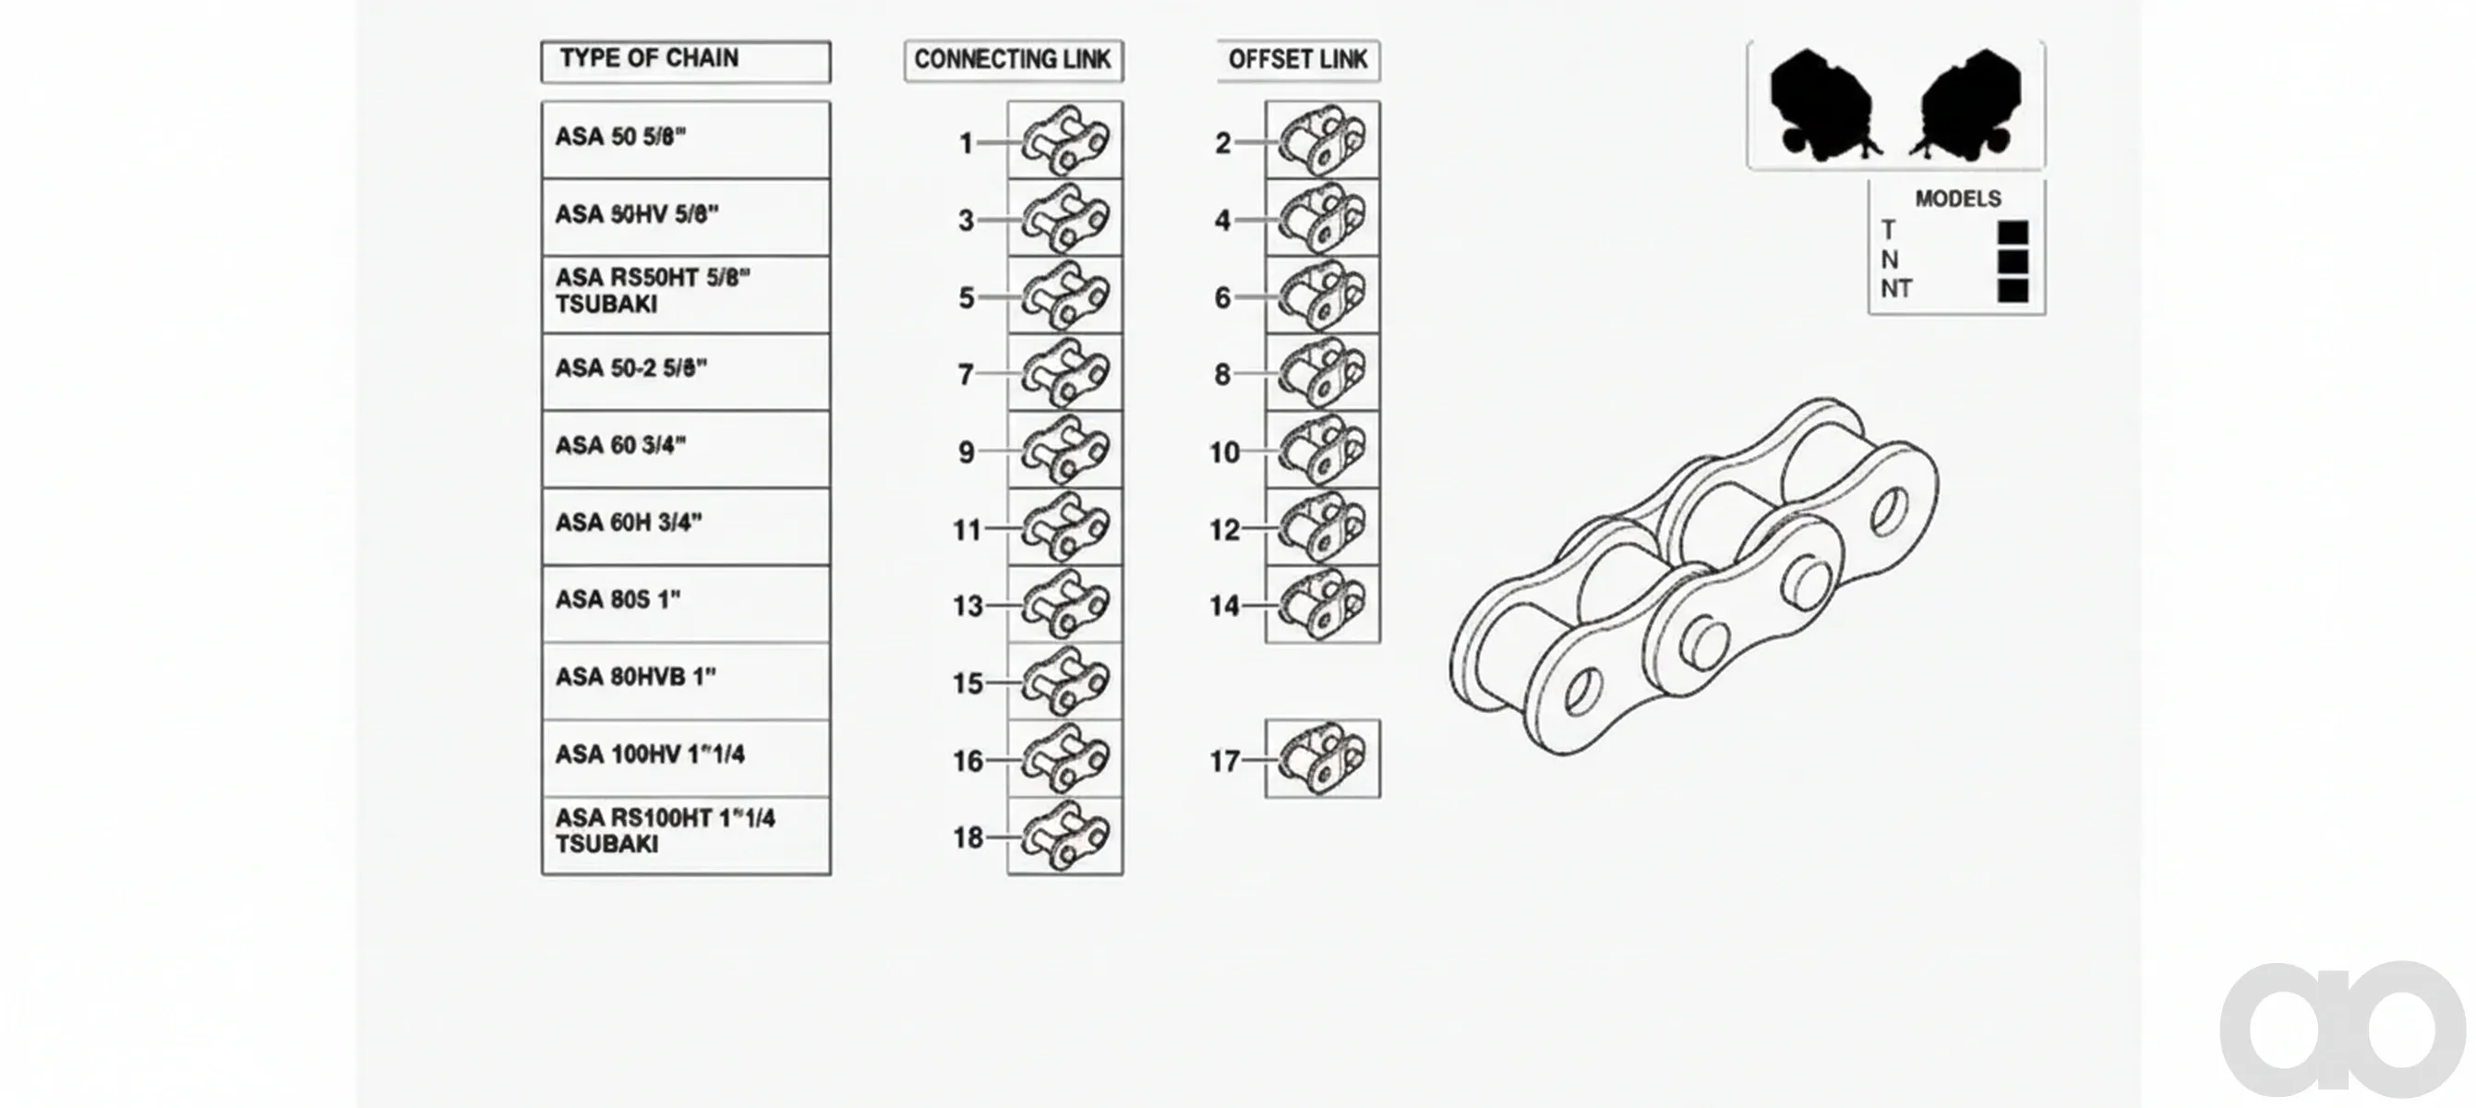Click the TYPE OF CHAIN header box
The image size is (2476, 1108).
pos(685,61)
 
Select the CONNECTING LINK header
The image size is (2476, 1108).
pos(1013,61)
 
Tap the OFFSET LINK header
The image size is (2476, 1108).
pos(1298,61)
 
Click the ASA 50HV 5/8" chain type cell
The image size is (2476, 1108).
pos(685,217)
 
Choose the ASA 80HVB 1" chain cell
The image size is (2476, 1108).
pos(685,681)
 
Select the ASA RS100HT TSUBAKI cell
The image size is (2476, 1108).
pos(685,836)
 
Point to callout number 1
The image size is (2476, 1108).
pos(966,143)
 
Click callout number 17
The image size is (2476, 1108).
pos(1223,761)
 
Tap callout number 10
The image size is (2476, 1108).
pos(1223,452)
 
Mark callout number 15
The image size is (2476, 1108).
pos(968,683)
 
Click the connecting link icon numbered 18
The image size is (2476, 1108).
pos(1065,836)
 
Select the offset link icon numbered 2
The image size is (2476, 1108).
pos(1323,140)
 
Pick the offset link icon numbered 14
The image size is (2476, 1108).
pos(1323,605)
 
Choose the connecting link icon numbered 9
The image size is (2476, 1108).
pos(1065,450)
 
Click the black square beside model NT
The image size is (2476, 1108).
pos(2013,290)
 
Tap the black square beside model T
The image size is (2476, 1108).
pos(2013,233)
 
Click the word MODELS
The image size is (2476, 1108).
pos(1958,199)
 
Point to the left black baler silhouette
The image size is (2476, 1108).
pos(1823,102)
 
